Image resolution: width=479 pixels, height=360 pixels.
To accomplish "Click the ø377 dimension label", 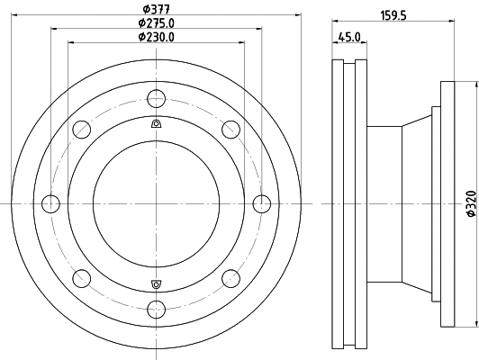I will click(x=155, y=10).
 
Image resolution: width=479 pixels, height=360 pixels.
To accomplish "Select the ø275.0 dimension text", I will click(x=156, y=23).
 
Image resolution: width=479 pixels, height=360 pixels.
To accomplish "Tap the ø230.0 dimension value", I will click(x=156, y=37).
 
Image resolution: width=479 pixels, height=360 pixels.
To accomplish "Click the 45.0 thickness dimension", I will click(x=349, y=37).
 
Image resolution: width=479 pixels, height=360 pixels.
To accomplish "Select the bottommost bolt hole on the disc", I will click(x=155, y=310).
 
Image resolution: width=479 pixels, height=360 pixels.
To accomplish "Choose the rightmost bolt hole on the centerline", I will click(x=262, y=202).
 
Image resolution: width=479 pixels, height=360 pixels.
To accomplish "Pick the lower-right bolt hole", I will click(x=230, y=277).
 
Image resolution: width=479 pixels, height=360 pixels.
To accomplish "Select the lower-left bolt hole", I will click(x=79, y=277).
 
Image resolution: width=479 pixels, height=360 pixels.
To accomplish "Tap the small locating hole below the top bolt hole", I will click(x=155, y=123).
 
